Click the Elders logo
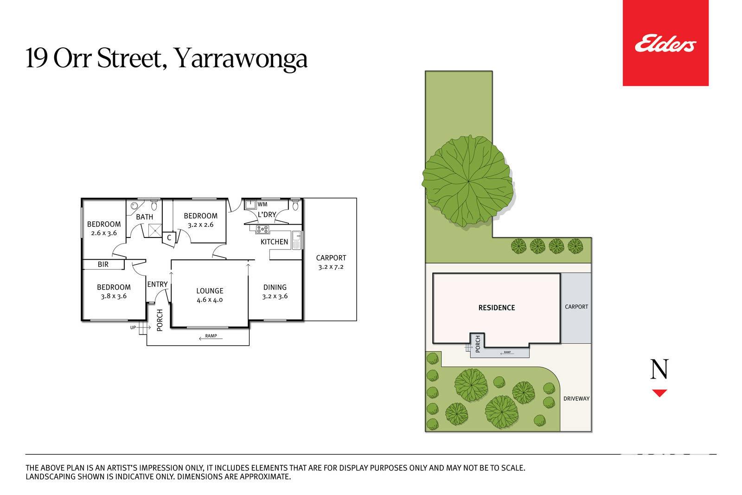pyautogui.click(x=665, y=43)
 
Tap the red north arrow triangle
pyautogui.click(x=659, y=393)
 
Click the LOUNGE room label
pyautogui.click(x=210, y=291)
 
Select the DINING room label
pyautogui.click(x=275, y=287)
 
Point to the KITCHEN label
pyautogui.click(x=274, y=242)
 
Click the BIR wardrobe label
pyautogui.click(x=103, y=264)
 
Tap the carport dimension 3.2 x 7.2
pyautogui.click(x=331, y=267)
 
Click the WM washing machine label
pyautogui.click(x=262, y=204)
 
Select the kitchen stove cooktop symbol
pyautogui.click(x=262, y=229)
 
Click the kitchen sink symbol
pyautogui.click(x=296, y=240)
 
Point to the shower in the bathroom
pyautogui.click(x=155, y=231)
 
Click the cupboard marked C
pyautogui.click(x=169, y=238)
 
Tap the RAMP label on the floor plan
pyautogui.click(x=211, y=335)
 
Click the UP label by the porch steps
pyautogui.click(x=133, y=328)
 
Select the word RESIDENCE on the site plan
pyautogui.click(x=497, y=308)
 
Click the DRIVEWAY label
pyautogui.click(x=576, y=399)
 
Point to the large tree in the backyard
pyautogui.click(x=468, y=181)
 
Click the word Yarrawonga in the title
pyautogui.click(x=241, y=59)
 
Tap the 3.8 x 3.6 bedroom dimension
pyautogui.click(x=114, y=296)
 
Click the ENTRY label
pyautogui.click(x=157, y=284)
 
